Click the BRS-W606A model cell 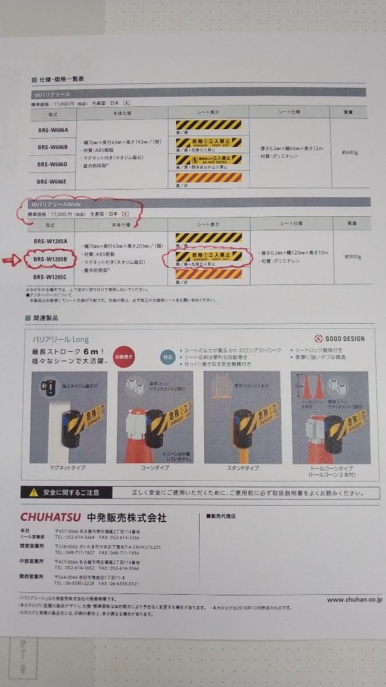[x=53, y=129]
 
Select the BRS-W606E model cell [x=53, y=181]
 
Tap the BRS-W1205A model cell [x=52, y=241]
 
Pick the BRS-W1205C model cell [x=52, y=277]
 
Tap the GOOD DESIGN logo [x=340, y=338]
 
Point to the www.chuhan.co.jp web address [x=354, y=599]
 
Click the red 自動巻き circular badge [x=124, y=357]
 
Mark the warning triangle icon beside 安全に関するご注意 [x=34, y=492]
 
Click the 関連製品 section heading [x=47, y=317]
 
